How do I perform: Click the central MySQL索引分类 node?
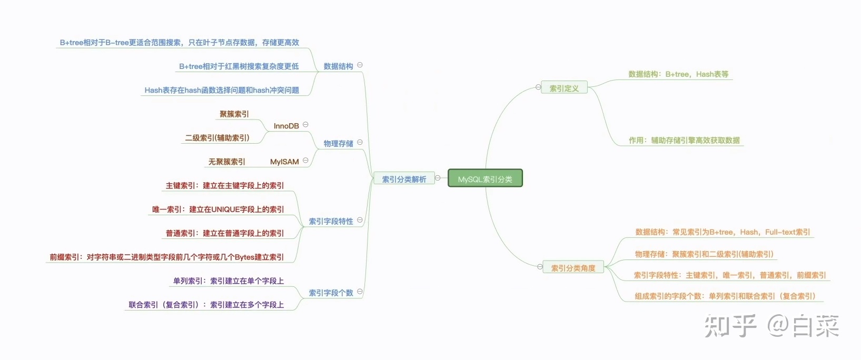[x=485, y=178]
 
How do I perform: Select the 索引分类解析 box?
[x=404, y=179]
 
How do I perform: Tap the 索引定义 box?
[x=564, y=88]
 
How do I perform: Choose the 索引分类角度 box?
[x=573, y=268]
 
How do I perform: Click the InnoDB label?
[x=286, y=126]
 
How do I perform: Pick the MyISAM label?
[x=284, y=162]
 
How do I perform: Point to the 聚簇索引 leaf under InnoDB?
[x=234, y=114]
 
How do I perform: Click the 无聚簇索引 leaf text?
[x=227, y=162]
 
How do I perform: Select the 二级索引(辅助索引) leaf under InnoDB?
[x=217, y=138]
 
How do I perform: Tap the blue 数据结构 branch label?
[x=338, y=66]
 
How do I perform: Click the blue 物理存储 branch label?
[x=338, y=144]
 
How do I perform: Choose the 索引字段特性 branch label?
[x=331, y=221]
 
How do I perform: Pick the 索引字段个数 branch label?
[x=331, y=293]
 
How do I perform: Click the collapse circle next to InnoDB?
[x=305, y=125]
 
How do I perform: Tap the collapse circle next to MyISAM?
[x=305, y=161]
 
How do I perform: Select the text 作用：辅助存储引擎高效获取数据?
[x=684, y=141]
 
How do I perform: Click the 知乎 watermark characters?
[x=730, y=326]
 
